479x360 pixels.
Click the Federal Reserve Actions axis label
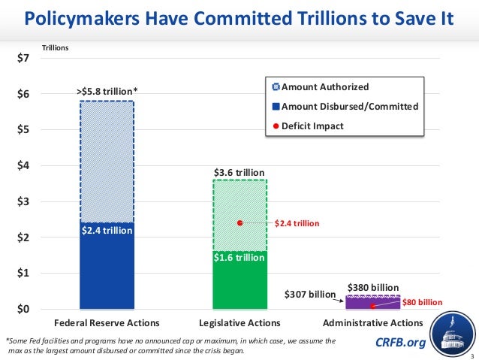(x=107, y=323)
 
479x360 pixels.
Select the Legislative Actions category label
(x=239, y=323)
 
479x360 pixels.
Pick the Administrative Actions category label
(x=372, y=323)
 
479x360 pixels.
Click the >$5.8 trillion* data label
(x=107, y=92)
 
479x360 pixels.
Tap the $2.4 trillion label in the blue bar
(x=107, y=231)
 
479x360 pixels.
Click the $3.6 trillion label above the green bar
(x=239, y=172)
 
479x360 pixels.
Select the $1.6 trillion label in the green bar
(x=239, y=258)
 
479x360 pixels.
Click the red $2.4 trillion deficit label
(x=297, y=223)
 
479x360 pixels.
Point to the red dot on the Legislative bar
(x=239, y=223)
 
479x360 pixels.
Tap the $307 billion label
(x=309, y=294)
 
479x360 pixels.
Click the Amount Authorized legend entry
(x=324, y=87)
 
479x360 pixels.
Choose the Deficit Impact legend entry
(x=312, y=126)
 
